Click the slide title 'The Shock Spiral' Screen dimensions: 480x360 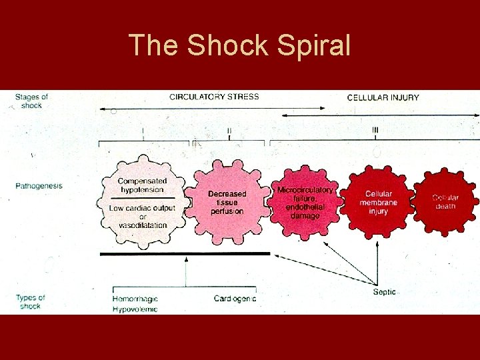click(239, 45)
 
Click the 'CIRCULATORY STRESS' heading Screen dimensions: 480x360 click(214, 97)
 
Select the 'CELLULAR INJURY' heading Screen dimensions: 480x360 click(383, 97)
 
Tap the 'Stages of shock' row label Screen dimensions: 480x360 click(31, 101)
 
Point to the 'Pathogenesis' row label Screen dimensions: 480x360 click(39, 185)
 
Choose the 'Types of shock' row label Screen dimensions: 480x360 click(31, 302)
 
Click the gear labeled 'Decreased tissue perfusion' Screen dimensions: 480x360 click(227, 203)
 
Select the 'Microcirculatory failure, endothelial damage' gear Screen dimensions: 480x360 click(305, 203)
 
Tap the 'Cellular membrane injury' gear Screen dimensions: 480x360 click(378, 203)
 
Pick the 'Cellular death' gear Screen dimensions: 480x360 click(445, 202)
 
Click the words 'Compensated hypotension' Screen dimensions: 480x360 click(142, 185)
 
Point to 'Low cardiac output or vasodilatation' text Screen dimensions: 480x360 click(142, 217)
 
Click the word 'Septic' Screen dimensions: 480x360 click(384, 292)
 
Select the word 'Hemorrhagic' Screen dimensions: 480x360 click(135, 299)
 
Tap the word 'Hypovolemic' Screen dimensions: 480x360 click(135, 309)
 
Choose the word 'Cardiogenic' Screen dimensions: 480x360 click(235, 299)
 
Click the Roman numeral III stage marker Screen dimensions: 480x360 click(375, 130)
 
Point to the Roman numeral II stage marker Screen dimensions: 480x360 click(229, 131)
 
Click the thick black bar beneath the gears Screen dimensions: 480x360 click(185, 254)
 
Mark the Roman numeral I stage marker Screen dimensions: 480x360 click(143, 131)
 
